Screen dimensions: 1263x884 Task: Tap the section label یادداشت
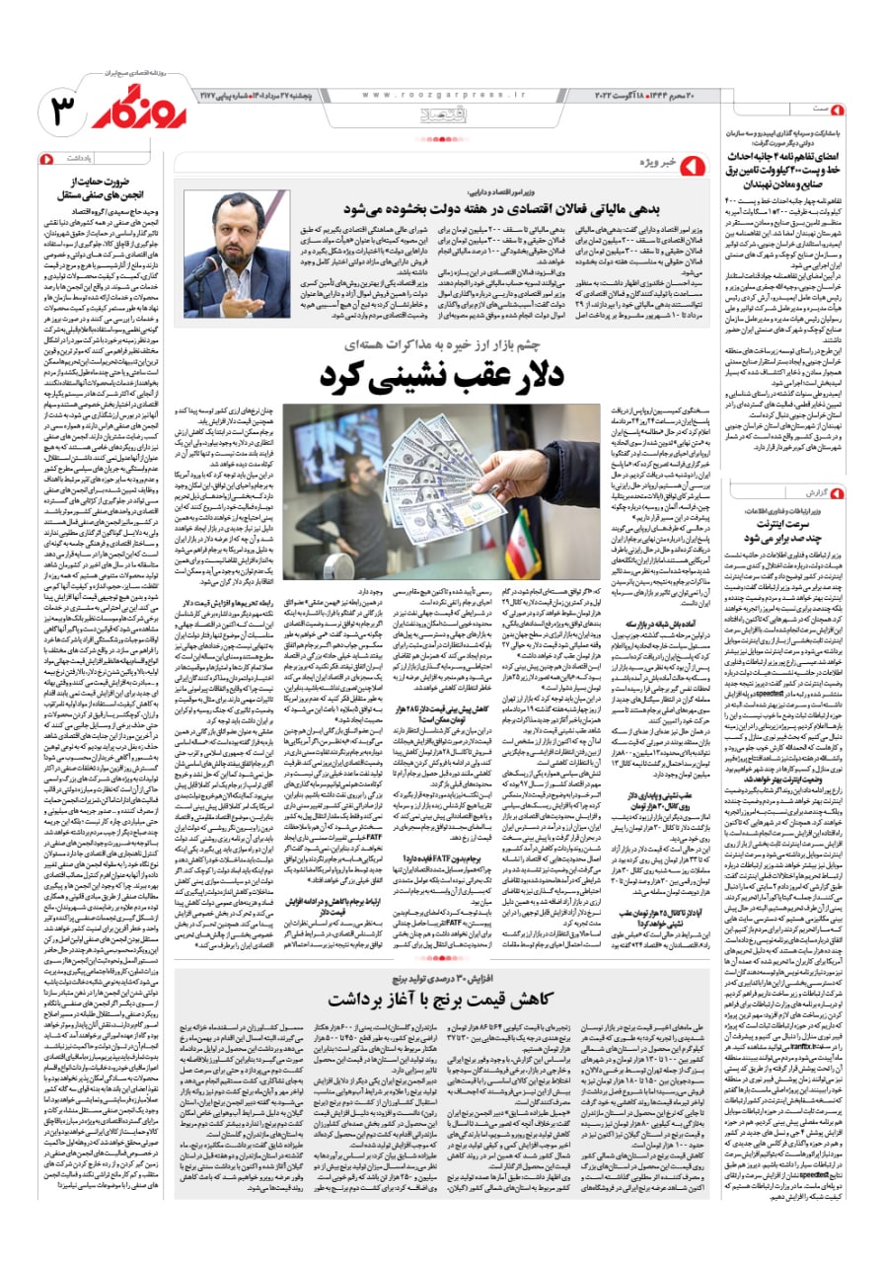pos(80,159)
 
